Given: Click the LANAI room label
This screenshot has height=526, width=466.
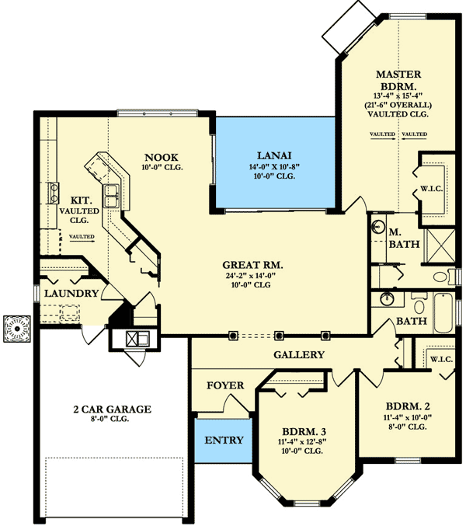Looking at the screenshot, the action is coord(274,155).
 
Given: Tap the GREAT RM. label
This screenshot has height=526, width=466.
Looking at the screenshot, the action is coord(252,265).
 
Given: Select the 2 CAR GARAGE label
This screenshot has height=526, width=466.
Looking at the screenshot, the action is coord(113,409).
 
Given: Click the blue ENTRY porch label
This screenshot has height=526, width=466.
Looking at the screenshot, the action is coord(224,440).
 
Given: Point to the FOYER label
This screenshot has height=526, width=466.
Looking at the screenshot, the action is coord(225,385).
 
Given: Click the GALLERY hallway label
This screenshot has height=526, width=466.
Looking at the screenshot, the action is coord(299,354).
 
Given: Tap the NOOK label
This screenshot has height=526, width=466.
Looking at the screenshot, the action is coord(162,157).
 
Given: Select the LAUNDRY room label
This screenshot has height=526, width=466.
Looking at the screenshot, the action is coord(71,293).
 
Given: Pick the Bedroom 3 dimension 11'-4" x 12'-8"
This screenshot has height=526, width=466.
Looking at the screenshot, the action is coord(302,442).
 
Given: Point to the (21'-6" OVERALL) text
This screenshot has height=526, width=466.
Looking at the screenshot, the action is coord(398,105).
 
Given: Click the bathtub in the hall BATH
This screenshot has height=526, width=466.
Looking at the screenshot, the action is coord(443,313).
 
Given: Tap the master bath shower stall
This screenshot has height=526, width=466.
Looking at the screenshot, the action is coord(440,246).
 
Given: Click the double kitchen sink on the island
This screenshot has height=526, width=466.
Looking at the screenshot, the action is coord(111,196).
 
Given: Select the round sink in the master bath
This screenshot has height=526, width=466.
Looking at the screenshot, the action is coord(378,226).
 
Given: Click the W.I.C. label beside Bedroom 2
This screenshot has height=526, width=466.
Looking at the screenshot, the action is coord(441,359).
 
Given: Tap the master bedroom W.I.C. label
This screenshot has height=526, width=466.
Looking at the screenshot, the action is coord(432,189).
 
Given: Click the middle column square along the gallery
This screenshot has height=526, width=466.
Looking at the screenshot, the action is coord(279,335).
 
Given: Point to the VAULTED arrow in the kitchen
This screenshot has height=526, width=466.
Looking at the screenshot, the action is coord(82,241).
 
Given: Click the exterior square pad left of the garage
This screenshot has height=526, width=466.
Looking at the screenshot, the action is coord(17,329).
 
